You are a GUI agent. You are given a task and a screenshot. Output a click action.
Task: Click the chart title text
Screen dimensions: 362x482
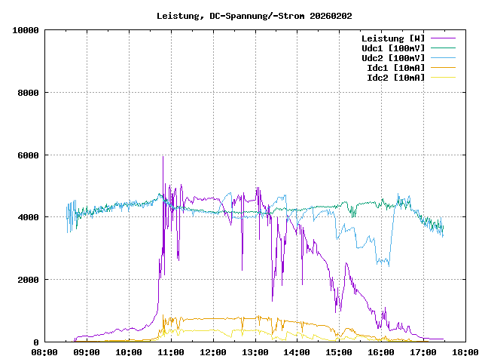254,16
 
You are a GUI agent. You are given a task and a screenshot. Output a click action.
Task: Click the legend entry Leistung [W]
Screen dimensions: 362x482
392,38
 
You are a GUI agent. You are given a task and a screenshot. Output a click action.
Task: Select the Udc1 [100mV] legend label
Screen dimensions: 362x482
392,48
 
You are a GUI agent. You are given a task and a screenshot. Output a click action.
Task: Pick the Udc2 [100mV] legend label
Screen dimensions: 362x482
392,58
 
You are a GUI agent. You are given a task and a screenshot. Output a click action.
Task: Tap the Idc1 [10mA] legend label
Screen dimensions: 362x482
395,68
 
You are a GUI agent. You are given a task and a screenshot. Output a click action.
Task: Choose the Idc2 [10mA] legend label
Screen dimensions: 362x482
395,78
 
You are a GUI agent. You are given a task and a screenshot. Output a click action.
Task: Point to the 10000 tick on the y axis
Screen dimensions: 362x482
26,30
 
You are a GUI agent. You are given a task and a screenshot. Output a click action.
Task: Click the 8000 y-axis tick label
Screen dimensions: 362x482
29,93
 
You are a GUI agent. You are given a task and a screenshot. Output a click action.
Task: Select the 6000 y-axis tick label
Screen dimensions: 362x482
29,155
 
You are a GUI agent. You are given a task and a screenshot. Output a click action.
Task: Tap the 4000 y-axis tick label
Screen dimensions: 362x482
29,217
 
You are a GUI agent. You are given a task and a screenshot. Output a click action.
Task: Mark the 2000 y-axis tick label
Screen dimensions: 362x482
29,280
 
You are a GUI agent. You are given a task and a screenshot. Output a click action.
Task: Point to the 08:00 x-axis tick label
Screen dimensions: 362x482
45,352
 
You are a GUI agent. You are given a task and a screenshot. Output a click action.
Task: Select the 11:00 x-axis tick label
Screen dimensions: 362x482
171,352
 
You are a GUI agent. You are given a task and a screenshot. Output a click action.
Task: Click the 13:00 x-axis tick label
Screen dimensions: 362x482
255,352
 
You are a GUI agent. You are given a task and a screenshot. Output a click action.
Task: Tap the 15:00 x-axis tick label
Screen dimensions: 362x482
339,352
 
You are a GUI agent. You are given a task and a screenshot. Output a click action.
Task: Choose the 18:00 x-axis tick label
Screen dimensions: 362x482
465,352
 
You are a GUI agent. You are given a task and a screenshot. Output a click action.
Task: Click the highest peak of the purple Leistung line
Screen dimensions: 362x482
163,157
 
